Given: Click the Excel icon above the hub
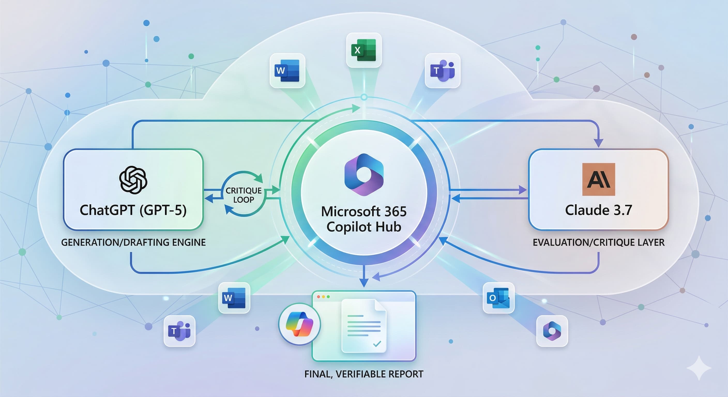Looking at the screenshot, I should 364,50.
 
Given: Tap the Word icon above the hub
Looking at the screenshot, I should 287,70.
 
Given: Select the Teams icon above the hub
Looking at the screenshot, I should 443,70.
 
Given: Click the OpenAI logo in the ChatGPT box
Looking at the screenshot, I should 133,180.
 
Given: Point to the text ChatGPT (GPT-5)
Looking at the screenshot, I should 133,210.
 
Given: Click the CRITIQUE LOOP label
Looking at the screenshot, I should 243,195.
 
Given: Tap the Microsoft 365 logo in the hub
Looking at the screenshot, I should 364,175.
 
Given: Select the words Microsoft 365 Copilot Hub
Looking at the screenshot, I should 364,219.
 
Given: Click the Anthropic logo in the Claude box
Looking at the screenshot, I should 598,179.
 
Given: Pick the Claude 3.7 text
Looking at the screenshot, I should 598,210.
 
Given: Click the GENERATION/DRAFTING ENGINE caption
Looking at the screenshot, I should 133,242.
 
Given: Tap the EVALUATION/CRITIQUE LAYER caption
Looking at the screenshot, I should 598,242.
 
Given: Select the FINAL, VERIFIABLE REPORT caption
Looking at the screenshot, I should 364,374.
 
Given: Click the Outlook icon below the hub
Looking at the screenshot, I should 498,298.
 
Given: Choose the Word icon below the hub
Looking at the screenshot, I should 234,298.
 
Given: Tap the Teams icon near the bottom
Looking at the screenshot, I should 179,331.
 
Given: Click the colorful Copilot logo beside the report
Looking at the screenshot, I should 300,324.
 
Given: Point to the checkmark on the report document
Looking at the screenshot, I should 377,344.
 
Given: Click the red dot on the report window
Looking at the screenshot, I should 319,297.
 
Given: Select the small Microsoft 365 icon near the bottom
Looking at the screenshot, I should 552,331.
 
